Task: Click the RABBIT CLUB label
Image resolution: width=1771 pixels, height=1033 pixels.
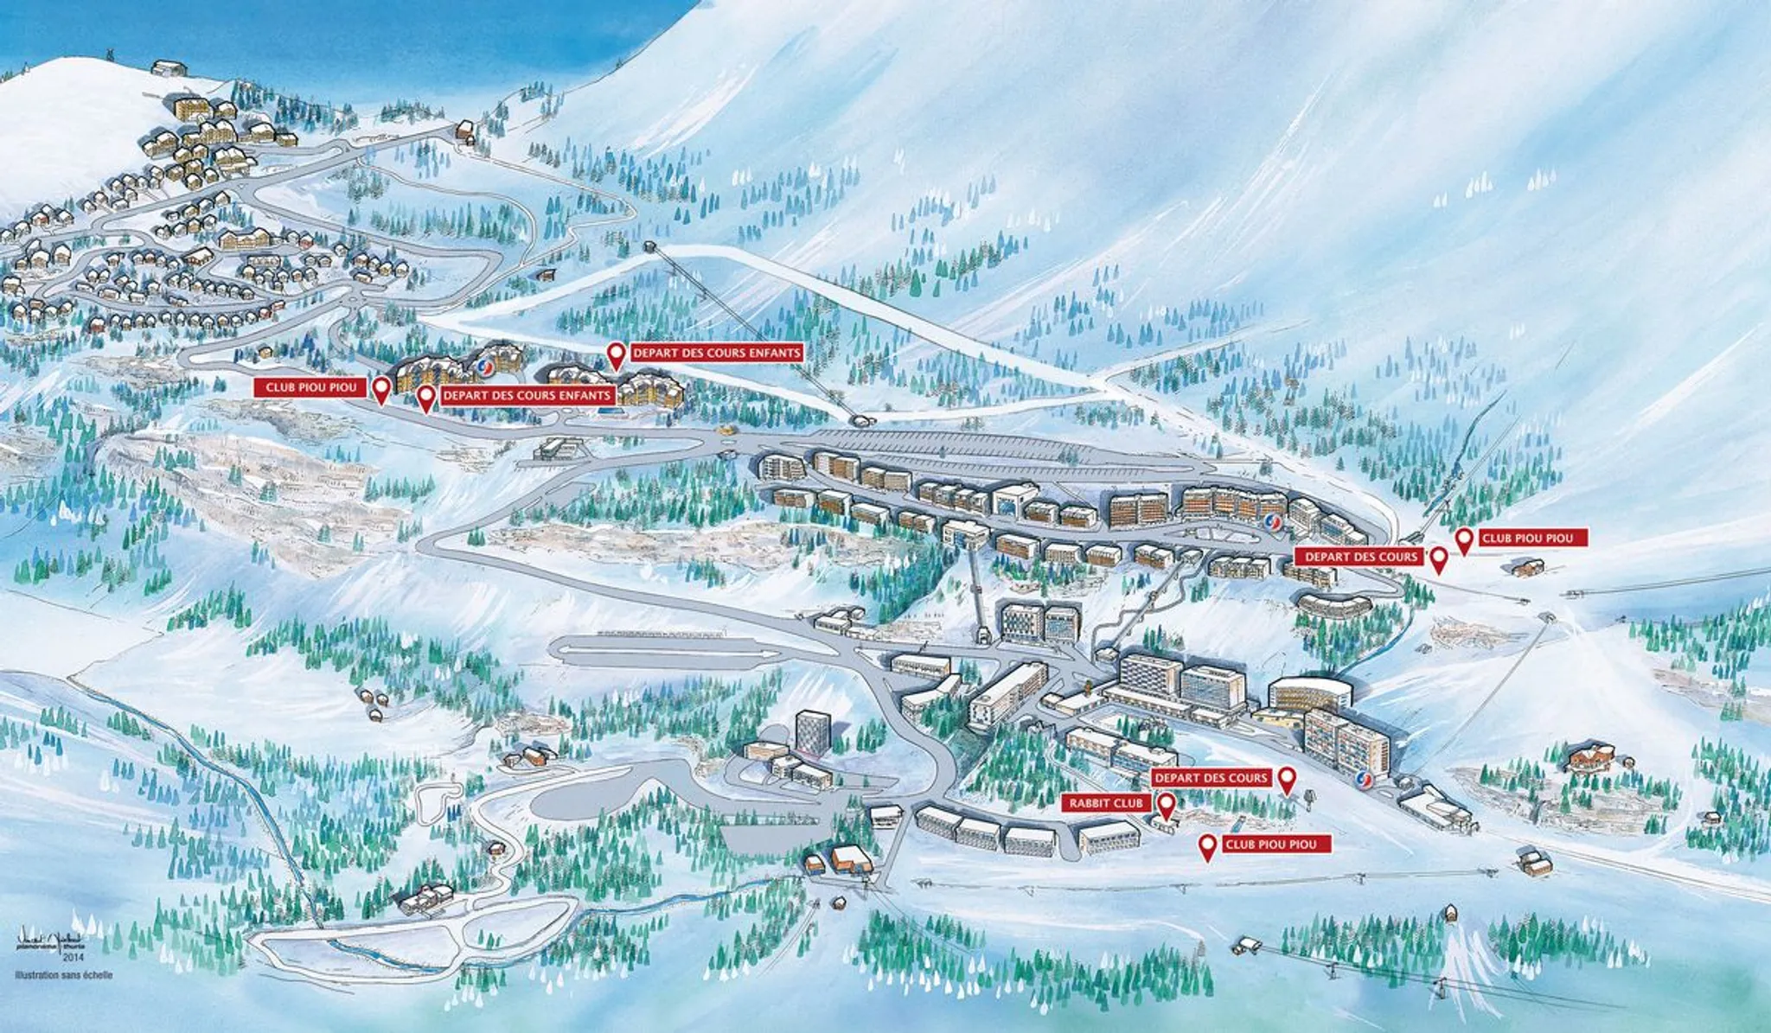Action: pos(1106,804)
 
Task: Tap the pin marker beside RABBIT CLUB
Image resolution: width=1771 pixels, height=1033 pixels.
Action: pos(1166,806)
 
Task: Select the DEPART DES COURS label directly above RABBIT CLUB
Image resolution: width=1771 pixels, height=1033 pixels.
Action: pos(1211,778)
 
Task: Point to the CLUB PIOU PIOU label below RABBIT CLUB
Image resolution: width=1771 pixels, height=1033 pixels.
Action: pos(1276,845)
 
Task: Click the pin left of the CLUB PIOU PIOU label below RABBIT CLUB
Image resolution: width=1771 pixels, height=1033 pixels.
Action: pos(1207,846)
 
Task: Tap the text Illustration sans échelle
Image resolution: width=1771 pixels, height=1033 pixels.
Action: pos(63,976)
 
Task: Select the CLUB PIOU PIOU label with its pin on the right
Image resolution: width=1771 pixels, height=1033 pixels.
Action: pos(310,387)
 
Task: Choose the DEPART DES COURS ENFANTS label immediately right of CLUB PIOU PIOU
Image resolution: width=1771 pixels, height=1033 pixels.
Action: pos(527,396)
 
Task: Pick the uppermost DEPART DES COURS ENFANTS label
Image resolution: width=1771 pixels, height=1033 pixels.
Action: pos(717,353)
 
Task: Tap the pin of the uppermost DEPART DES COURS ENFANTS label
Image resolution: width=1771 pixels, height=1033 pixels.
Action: pos(616,354)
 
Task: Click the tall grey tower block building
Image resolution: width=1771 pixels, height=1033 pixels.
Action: pos(811,731)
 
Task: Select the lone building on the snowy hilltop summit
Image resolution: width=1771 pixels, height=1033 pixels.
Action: pos(169,67)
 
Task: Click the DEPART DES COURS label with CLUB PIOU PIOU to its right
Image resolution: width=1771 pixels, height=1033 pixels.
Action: pos(1361,557)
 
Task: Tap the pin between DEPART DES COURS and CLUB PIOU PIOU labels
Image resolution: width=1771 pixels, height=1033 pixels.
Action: pos(1439,558)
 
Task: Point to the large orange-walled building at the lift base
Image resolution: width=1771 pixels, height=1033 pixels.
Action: pos(851,858)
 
